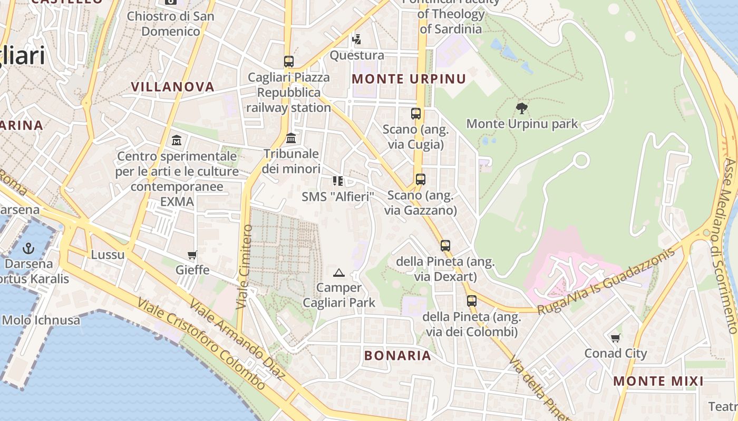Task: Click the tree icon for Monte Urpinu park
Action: pyautogui.click(x=522, y=108)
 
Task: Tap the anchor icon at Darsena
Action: pyautogui.click(x=28, y=248)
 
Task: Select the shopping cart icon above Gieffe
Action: pyautogui.click(x=192, y=255)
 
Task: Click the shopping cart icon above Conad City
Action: pyautogui.click(x=615, y=338)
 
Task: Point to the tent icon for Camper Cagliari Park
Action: pyautogui.click(x=339, y=273)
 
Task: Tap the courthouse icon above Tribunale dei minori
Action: pyautogui.click(x=291, y=138)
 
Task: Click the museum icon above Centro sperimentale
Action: pyautogui.click(x=177, y=141)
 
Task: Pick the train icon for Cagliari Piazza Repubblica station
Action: pyautogui.click(x=288, y=62)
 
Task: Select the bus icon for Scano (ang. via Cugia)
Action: pyautogui.click(x=416, y=113)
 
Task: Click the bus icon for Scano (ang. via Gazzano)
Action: pyautogui.click(x=420, y=179)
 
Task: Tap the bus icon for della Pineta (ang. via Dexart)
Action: pyautogui.click(x=445, y=246)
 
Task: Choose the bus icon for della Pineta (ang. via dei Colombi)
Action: pyautogui.click(x=471, y=301)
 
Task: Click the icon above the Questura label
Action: pyautogui.click(x=357, y=39)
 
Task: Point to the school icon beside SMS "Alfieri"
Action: pyautogui.click(x=338, y=182)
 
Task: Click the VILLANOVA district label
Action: pyautogui.click(x=172, y=87)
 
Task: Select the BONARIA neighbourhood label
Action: pyautogui.click(x=397, y=355)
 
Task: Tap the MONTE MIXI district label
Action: pyautogui.click(x=658, y=381)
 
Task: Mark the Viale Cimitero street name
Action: pyautogui.click(x=244, y=267)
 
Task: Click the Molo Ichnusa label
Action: pyautogui.click(x=41, y=320)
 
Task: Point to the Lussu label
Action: pyautogui.click(x=108, y=255)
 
